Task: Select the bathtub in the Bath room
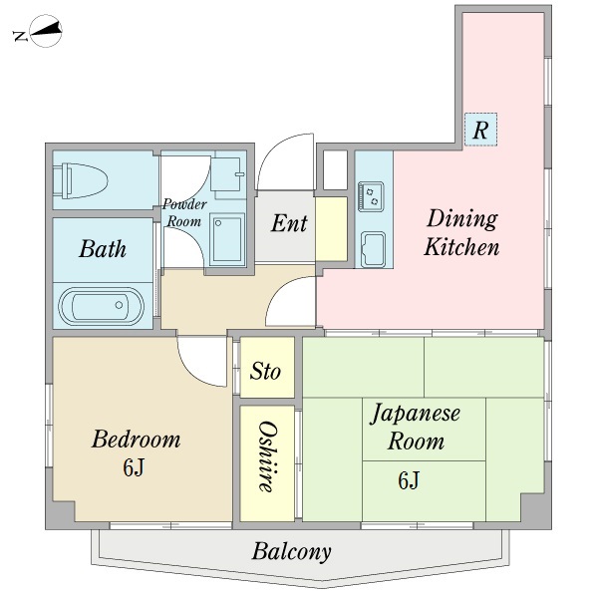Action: click(101, 305)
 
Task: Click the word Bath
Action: click(103, 248)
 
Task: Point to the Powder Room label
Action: click(184, 213)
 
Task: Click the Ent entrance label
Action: click(289, 223)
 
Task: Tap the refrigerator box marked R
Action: click(480, 130)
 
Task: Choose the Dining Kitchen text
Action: click(461, 232)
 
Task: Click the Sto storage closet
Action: click(265, 372)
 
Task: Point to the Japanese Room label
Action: click(416, 427)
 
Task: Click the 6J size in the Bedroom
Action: click(135, 467)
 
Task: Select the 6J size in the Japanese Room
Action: click(409, 482)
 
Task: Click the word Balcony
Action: click(291, 551)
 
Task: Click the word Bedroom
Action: click(136, 439)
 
